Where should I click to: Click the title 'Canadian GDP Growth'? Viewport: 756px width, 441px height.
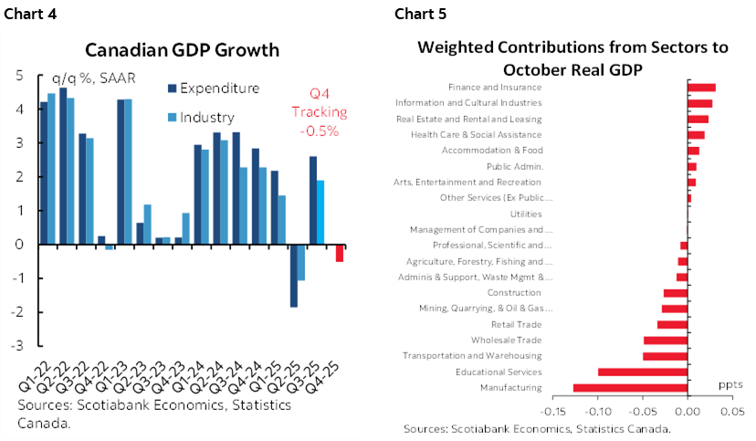click(183, 49)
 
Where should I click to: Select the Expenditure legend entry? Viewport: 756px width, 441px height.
click(219, 89)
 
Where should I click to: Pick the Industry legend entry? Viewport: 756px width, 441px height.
click(207, 117)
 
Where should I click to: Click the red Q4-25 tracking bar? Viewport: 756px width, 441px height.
click(340, 253)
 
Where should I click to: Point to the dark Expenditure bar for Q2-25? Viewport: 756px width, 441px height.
click(293, 276)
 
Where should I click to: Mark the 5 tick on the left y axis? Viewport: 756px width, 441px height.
click(20, 76)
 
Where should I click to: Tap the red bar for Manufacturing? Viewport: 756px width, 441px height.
click(630, 388)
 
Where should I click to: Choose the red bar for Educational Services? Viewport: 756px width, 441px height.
click(643, 372)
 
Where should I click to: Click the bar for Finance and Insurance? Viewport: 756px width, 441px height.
click(701, 88)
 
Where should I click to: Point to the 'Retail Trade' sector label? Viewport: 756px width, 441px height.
click(516, 324)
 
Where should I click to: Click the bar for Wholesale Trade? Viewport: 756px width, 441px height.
click(666, 341)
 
